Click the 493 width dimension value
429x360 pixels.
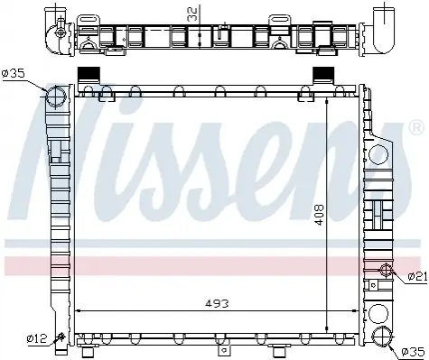coord(217,303)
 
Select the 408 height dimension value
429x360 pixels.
coord(319,215)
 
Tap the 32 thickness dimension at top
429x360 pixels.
coord(192,14)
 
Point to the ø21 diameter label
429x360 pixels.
coord(417,276)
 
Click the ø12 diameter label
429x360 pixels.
coord(37,339)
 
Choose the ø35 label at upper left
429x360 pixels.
coord(13,73)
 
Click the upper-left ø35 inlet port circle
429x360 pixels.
coord(56,97)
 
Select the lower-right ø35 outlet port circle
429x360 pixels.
coord(383,336)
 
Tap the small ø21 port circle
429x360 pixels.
coord(386,270)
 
